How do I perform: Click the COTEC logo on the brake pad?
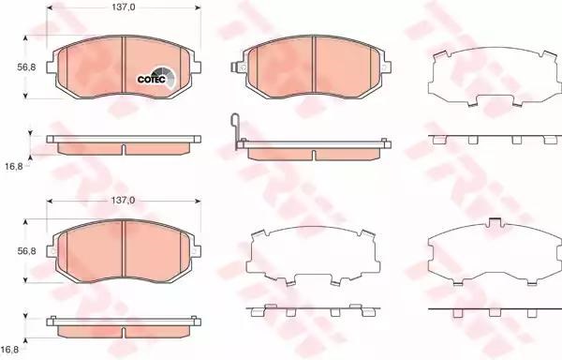click(156, 77)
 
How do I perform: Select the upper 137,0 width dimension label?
click(123, 7)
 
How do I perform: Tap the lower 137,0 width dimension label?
click(123, 201)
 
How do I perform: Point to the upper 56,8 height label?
click(26, 67)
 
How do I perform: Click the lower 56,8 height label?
click(26, 251)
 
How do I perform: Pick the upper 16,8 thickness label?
click(14, 166)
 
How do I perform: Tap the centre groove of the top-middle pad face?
click(314, 65)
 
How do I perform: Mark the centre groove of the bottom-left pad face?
click(124, 248)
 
